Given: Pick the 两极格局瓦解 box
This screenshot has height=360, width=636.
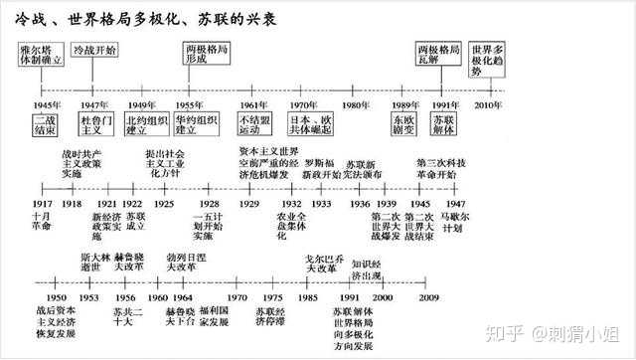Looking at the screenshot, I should pyautogui.click(x=440, y=54).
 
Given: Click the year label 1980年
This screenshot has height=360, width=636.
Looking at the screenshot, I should pyautogui.click(x=356, y=103).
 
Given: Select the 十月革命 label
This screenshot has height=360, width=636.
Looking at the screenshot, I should pyautogui.click(x=42, y=221).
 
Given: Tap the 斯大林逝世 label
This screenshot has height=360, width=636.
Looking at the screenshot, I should pyautogui.click(x=89, y=262).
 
